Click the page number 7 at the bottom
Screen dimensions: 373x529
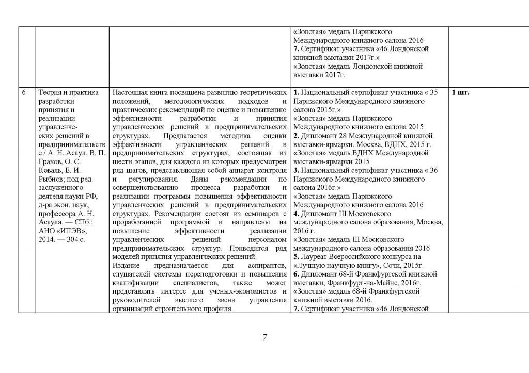pos(264,338)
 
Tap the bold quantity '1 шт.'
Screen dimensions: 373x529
pos(461,93)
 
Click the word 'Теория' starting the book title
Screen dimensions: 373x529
pos(50,93)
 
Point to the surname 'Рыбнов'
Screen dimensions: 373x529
pos(51,180)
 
